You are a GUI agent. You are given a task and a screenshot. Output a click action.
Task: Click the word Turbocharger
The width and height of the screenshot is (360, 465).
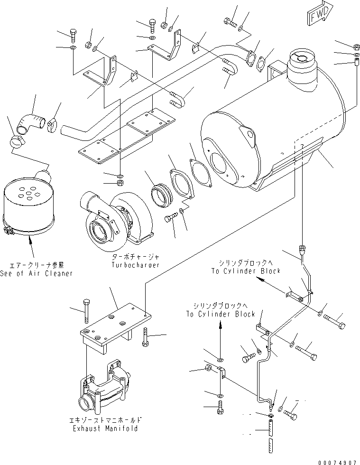point(136,265)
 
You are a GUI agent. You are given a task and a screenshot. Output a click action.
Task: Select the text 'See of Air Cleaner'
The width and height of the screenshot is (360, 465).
point(37,273)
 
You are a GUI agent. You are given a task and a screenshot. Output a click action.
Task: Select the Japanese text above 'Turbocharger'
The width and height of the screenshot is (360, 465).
point(135,256)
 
